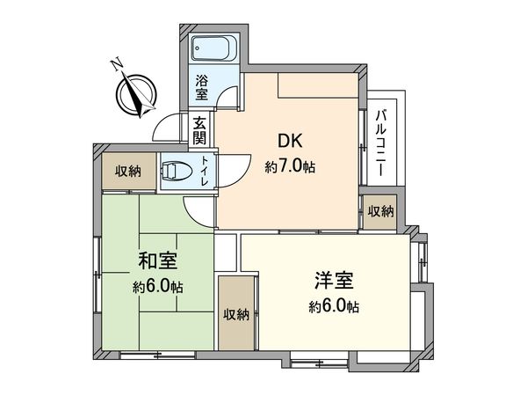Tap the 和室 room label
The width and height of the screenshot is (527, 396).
pyautogui.click(x=159, y=260)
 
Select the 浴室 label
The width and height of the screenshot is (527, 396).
pyautogui.click(x=201, y=85)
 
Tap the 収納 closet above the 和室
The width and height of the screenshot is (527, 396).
pyautogui.click(x=122, y=171)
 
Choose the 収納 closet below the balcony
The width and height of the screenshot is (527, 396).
pyautogui.click(x=380, y=211)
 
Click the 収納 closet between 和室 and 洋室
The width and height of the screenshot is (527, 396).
pyautogui.click(x=235, y=314)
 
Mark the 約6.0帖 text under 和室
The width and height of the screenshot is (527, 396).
pyautogui.click(x=159, y=287)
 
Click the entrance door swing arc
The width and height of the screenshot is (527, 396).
pyautogui.click(x=167, y=128)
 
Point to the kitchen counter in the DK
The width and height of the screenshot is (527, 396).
pyautogui.click(x=318, y=85)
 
